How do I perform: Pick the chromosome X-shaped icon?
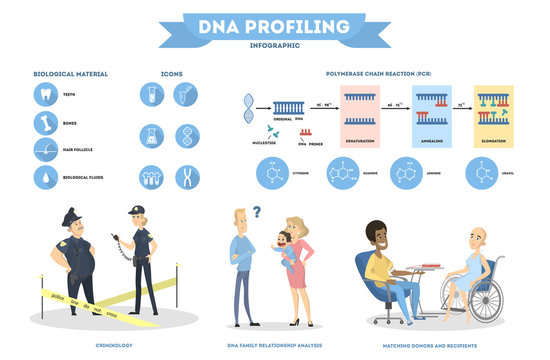[x=186, y=177]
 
